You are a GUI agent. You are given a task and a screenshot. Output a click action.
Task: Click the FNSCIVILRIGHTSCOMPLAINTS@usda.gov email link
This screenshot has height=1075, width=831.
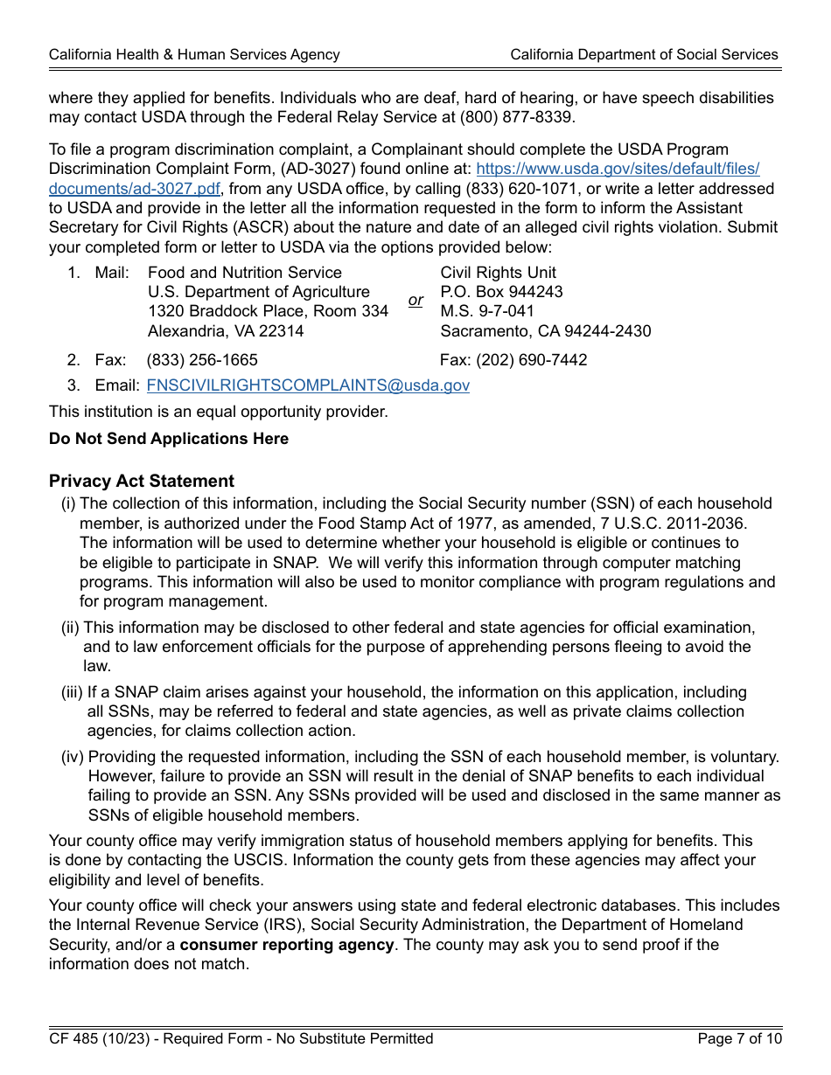point(308,385)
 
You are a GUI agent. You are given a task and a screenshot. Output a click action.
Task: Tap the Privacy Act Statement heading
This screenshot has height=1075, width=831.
point(142,482)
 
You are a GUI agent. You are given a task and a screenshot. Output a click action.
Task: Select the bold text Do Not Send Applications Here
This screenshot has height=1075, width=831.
point(169,439)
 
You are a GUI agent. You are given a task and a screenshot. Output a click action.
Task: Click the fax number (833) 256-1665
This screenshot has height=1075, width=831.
point(202,360)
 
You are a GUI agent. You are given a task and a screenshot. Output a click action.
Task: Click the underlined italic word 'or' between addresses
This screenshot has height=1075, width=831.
point(415,301)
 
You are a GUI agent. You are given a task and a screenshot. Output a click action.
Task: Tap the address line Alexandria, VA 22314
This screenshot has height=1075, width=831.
point(226,331)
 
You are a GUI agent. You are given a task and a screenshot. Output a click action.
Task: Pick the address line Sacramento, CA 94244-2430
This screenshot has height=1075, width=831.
point(545,331)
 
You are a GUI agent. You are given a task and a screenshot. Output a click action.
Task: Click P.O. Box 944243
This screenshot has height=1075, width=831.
point(501,292)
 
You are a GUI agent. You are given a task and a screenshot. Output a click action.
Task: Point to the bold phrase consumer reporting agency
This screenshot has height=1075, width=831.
point(287,945)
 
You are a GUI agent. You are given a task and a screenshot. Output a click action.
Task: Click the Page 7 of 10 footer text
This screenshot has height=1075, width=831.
point(739,1038)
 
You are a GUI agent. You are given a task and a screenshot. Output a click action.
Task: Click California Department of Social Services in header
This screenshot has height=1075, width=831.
point(644,54)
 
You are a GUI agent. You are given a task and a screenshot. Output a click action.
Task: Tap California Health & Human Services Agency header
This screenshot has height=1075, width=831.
point(194,54)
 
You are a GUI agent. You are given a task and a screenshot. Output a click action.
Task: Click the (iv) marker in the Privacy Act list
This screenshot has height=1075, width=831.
point(73,758)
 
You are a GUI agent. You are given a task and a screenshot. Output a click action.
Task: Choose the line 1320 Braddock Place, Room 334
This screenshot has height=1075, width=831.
point(268,311)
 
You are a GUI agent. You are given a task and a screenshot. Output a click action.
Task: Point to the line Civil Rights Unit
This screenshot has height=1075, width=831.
point(498,273)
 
